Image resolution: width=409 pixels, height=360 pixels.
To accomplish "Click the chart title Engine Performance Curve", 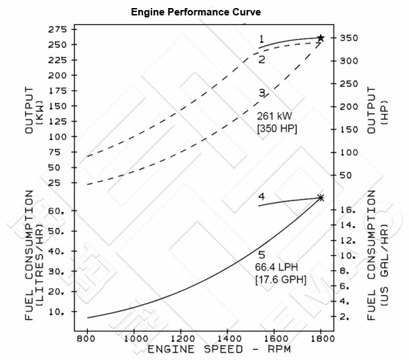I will point(196,12).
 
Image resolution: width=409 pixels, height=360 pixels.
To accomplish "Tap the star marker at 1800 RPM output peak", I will point(320,38).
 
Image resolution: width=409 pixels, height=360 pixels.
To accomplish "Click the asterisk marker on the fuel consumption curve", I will point(320,198).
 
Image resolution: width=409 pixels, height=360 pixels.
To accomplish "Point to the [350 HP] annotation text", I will point(277,127).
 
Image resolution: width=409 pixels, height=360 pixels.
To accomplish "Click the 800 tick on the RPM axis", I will point(87,339).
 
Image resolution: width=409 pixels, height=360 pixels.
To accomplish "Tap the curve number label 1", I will point(262,39).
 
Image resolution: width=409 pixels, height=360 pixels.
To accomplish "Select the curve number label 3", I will point(262,93).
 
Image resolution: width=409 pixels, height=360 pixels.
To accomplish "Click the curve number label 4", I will point(262,196).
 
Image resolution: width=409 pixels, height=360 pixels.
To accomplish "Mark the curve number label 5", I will point(262,254).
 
